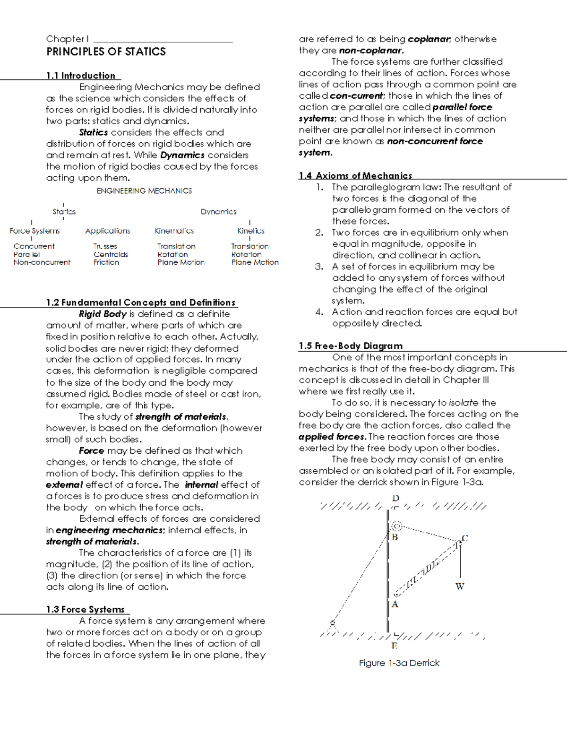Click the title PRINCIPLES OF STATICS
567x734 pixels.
[106, 52]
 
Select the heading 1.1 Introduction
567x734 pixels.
[80, 76]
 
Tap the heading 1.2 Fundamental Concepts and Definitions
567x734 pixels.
[140, 302]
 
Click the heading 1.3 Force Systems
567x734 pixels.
[85, 609]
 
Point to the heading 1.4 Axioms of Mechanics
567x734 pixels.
[355, 175]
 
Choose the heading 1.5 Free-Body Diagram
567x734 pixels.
[351, 345]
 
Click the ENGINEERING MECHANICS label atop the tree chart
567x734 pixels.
[144, 191]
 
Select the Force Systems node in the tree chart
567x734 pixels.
[34, 231]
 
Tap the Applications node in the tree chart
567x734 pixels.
[108, 231]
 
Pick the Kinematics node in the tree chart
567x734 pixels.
[174, 231]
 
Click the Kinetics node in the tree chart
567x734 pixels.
[250, 231]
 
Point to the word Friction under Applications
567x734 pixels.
[106, 262]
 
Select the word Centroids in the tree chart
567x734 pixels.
[111, 254]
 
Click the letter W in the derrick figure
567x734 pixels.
[460, 587]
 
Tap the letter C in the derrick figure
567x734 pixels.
[465, 538]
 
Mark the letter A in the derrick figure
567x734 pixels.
[395, 604]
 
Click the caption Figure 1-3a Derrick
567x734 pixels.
[399, 663]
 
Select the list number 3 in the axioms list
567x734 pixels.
[319, 267]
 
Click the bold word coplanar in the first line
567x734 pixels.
[429, 39]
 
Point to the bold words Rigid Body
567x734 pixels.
[103, 314]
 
